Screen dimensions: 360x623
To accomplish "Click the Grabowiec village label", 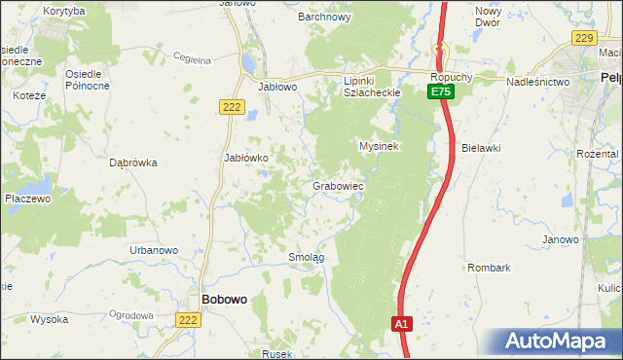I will coord(338,185).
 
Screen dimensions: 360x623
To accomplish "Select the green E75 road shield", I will coord(440,91).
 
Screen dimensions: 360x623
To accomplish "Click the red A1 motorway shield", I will coord(402,323).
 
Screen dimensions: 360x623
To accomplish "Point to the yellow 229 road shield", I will coord(583,37).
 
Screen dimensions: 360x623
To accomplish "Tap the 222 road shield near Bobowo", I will coord(189,319).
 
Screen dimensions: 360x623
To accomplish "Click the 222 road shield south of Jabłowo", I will coord(231,107).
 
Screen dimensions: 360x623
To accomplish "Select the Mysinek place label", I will coord(380,146).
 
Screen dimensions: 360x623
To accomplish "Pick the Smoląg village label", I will coord(306,257).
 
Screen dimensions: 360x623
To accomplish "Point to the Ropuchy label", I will coord(454,75).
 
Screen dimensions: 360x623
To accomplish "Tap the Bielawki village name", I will coord(481,148).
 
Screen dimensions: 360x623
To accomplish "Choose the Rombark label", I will coord(489,267).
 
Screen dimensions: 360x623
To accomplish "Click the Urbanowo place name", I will coord(154,250).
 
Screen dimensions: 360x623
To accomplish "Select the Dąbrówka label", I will coord(134,162).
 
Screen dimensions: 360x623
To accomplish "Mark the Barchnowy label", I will coord(324,17).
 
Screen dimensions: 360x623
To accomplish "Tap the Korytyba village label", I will coord(64,10).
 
